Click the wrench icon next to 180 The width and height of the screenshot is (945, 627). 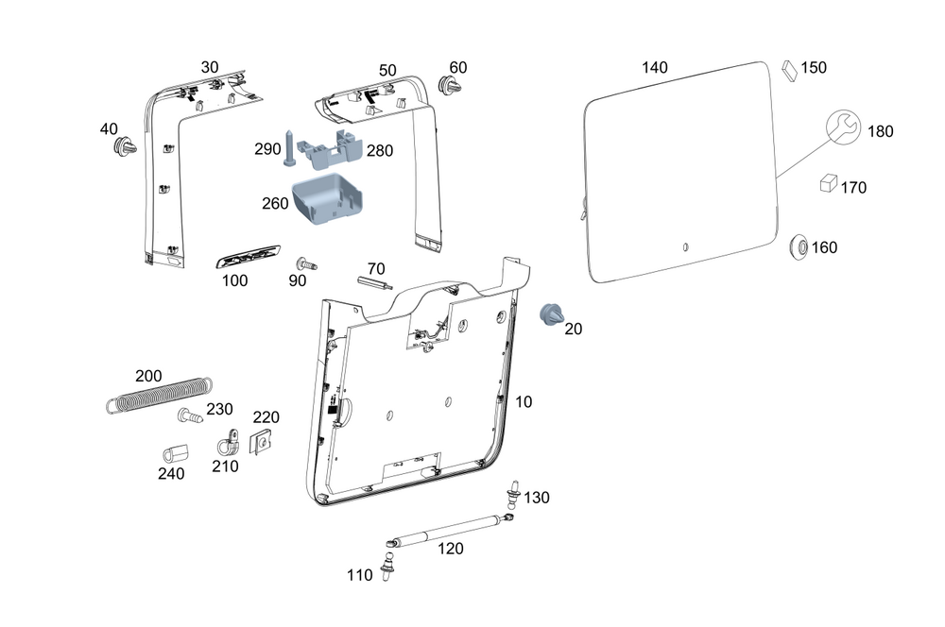[x=844, y=127]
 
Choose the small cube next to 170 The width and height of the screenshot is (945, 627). [x=828, y=183]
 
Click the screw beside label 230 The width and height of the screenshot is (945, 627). [x=187, y=415]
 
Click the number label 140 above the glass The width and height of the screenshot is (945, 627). [x=654, y=68]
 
